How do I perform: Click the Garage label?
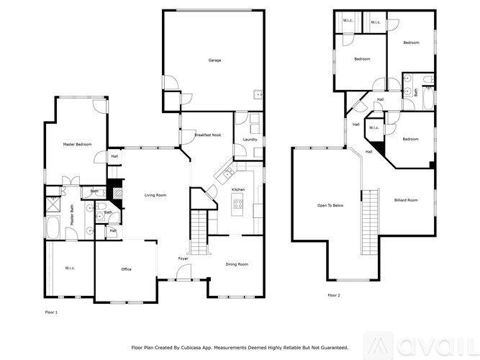(x=214, y=60)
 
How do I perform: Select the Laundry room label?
(x=250, y=139)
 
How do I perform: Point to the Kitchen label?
(x=238, y=189)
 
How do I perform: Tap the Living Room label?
(x=155, y=195)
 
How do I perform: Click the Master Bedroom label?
(x=77, y=145)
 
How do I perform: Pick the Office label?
(x=126, y=269)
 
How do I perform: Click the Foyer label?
(x=184, y=258)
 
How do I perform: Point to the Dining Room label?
(x=237, y=265)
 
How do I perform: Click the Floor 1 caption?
(x=51, y=312)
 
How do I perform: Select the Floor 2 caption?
(x=334, y=295)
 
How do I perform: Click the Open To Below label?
(x=330, y=205)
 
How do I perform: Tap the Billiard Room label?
(x=406, y=200)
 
